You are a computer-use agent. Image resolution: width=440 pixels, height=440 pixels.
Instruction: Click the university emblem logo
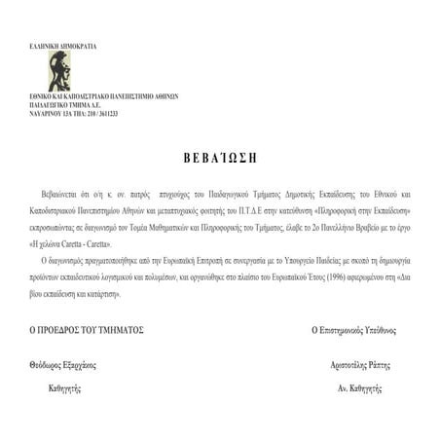pyautogui.click(x=59, y=71)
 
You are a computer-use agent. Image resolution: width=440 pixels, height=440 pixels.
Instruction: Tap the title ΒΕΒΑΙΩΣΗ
pyautogui.click(x=220, y=157)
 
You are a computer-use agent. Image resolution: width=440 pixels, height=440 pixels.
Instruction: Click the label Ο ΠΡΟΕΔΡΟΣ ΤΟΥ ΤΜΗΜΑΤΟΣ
pyautogui.click(x=87, y=330)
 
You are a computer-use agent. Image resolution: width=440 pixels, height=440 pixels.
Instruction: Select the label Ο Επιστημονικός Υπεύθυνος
pyautogui.click(x=353, y=330)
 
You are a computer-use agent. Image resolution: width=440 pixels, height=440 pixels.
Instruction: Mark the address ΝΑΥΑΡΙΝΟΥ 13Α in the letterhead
pyautogui.click(x=54, y=115)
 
